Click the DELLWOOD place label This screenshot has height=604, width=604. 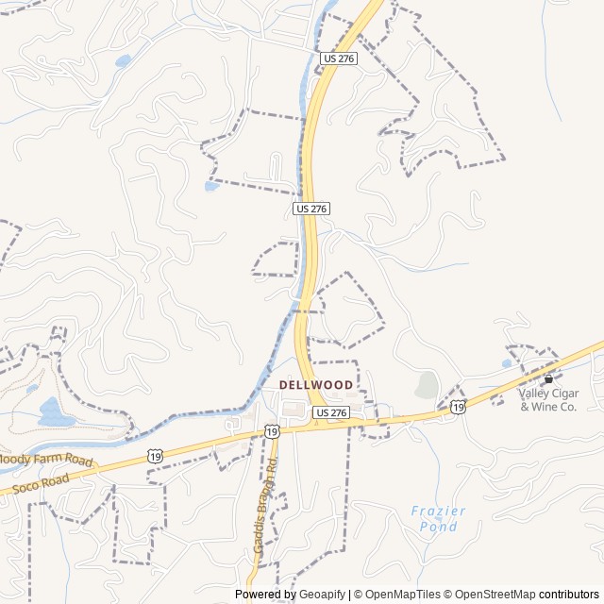tap(316, 385)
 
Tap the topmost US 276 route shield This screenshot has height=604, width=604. tap(338, 59)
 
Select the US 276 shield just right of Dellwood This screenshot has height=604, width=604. tap(331, 412)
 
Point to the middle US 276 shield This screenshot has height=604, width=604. tap(311, 208)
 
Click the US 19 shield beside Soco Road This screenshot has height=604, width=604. tap(155, 456)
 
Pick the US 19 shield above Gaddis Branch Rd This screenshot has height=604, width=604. tap(272, 431)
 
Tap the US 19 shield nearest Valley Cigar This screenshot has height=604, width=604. tap(458, 406)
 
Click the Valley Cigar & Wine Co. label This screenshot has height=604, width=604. tap(546, 399)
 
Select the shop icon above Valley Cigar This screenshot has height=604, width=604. tap(548, 378)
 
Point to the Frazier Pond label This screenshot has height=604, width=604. tap(439, 518)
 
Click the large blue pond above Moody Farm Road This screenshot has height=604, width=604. tap(54, 411)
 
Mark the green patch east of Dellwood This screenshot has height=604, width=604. tap(427, 385)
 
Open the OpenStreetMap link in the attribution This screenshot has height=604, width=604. tap(489, 595)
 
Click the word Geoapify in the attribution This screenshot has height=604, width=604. tap(323, 595)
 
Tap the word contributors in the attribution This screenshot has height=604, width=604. tap(569, 595)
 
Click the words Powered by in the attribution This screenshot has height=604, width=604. tap(264, 595)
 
